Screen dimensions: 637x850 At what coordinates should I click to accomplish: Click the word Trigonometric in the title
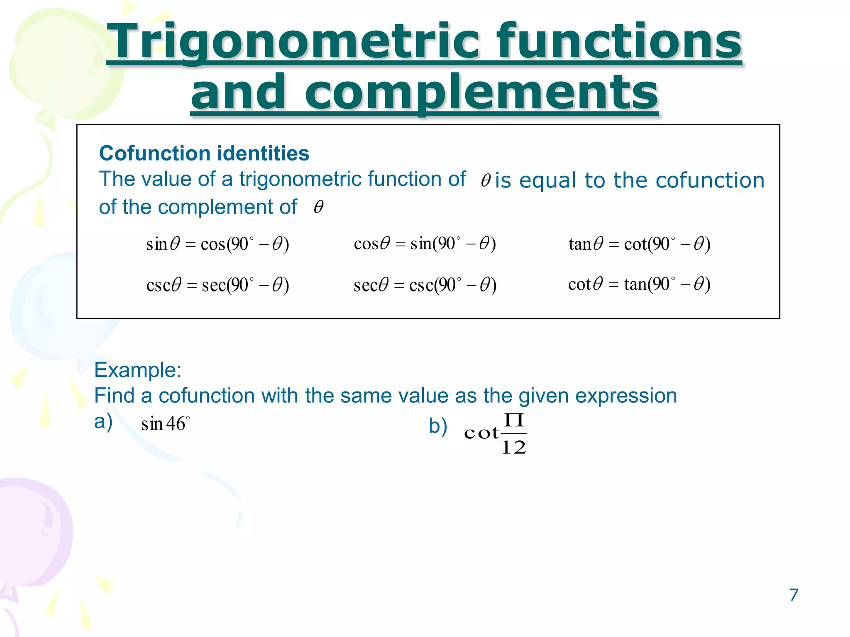tap(293, 41)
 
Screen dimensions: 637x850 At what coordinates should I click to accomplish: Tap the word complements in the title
tap(481, 92)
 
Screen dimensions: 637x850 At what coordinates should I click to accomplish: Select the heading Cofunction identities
tap(204, 153)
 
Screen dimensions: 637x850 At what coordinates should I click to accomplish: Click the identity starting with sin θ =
tap(217, 244)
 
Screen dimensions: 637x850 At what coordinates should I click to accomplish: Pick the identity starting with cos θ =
tap(425, 243)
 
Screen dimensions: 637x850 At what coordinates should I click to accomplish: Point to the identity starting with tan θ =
tap(639, 244)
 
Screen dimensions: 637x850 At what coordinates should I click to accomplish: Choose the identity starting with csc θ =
tap(217, 285)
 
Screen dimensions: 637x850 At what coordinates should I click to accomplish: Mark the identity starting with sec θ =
tap(425, 285)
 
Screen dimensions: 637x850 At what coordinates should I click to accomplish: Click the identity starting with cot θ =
tap(639, 284)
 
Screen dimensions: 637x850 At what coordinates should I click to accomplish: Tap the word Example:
tap(138, 370)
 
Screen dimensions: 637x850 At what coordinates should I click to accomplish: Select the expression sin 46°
tap(165, 424)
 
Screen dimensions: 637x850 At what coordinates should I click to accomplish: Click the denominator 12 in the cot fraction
tap(514, 447)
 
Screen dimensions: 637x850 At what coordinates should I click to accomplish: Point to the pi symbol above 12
tap(514, 421)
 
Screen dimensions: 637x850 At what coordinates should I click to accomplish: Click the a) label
tap(103, 422)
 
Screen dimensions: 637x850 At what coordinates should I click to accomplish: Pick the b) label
tap(438, 426)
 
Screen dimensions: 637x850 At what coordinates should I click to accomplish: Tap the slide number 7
tap(793, 595)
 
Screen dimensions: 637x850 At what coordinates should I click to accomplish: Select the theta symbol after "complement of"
tap(318, 207)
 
